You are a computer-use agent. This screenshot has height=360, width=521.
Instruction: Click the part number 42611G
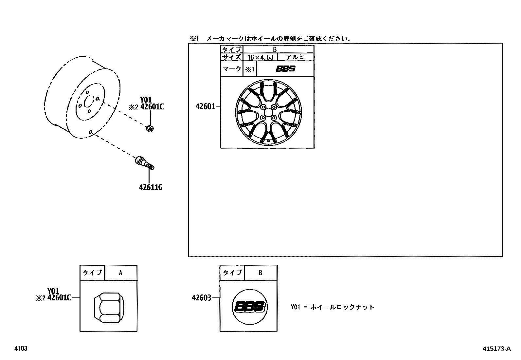click(x=151, y=187)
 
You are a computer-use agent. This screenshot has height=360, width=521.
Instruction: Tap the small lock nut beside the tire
click(x=150, y=128)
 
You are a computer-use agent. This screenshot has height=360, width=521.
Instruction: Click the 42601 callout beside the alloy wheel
click(x=205, y=106)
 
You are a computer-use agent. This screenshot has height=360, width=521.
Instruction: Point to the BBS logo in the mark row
click(x=285, y=69)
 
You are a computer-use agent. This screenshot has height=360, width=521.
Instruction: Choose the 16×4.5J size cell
click(x=260, y=57)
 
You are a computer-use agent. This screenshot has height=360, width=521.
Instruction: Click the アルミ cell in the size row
click(x=295, y=57)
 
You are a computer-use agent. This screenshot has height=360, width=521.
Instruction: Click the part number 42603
click(x=201, y=298)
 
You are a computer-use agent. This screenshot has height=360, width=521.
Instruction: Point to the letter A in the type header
click(x=120, y=273)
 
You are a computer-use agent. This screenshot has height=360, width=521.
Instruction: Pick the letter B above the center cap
click(x=260, y=273)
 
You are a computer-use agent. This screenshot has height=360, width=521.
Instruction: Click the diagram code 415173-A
click(x=496, y=349)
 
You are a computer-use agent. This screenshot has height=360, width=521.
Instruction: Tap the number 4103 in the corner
click(x=21, y=349)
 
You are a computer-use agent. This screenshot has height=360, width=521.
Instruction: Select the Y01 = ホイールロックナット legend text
click(x=332, y=307)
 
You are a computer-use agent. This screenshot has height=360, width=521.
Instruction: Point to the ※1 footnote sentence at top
click(x=271, y=39)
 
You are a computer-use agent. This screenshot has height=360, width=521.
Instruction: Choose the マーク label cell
click(x=232, y=69)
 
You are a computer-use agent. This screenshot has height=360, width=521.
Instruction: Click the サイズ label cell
click(x=232, y=57)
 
